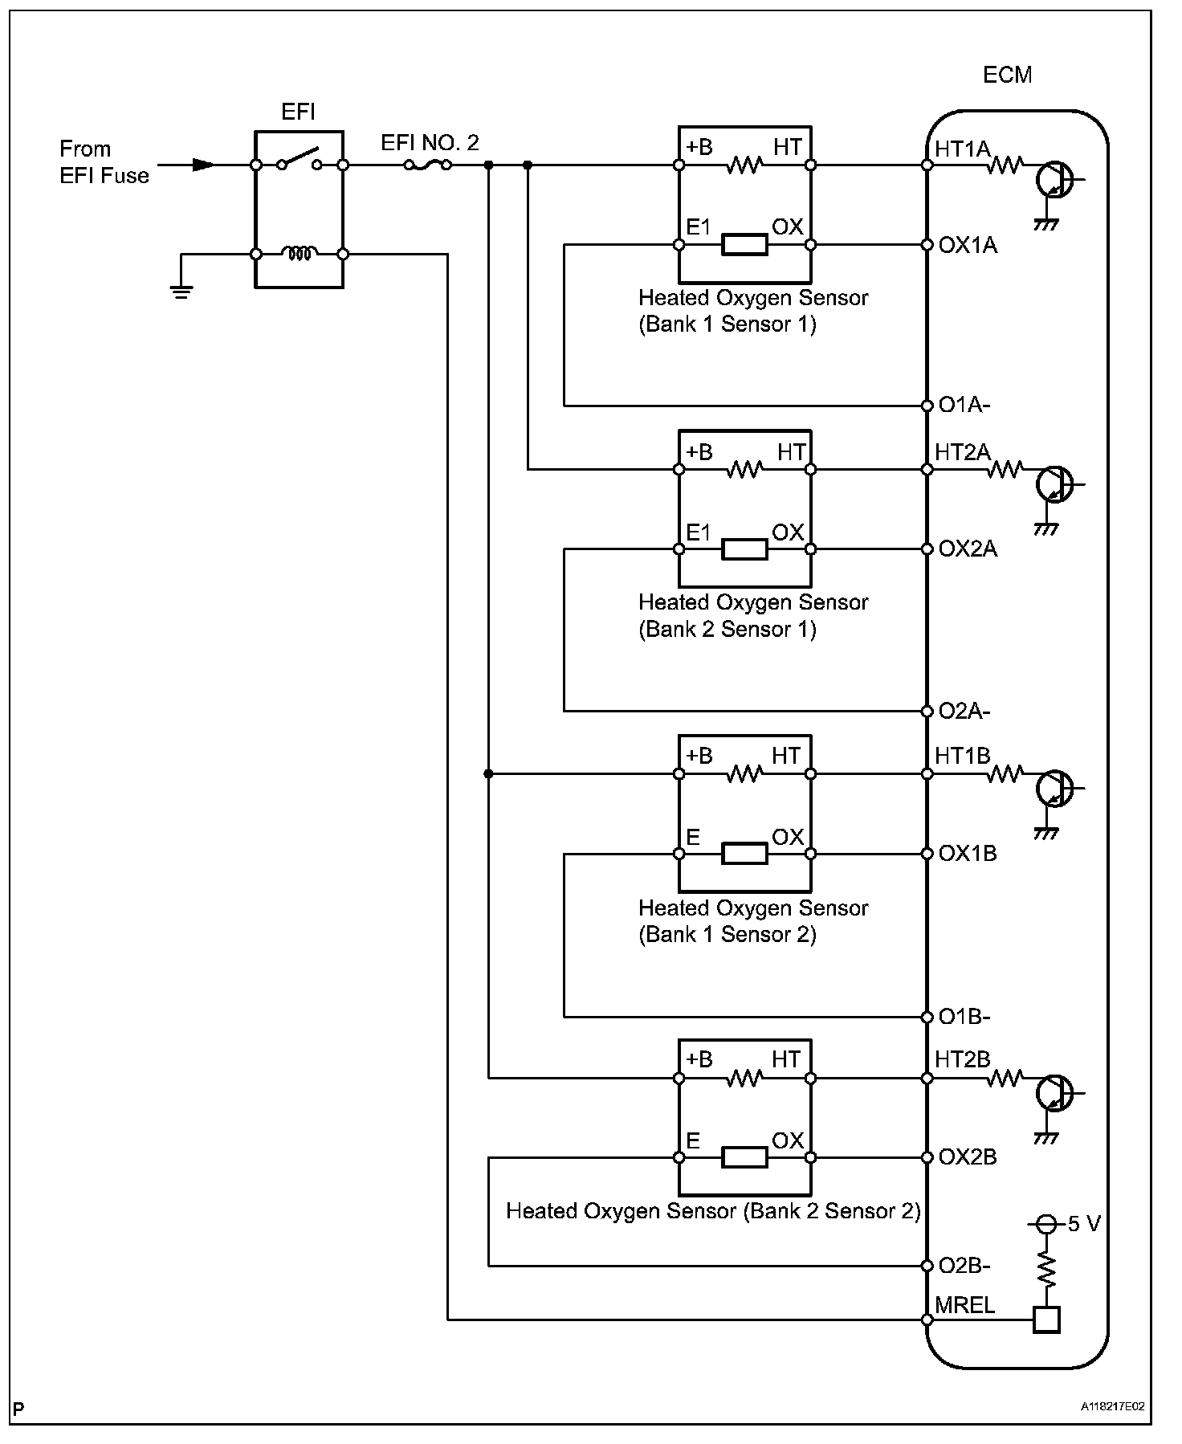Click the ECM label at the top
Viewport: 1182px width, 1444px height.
coord(1007,75)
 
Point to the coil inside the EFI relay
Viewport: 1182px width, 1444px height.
coord(299,254)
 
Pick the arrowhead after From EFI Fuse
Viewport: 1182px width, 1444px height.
coord(203,165)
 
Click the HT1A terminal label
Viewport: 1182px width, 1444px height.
coord(962,149)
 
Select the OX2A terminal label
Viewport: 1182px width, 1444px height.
coord(968,549)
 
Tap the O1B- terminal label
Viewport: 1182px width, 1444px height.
coord(964,1017)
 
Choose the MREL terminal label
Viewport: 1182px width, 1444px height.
coord(964,1306)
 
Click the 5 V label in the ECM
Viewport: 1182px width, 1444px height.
coord(1084,1224)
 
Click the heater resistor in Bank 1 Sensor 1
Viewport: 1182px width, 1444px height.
coord(744,166)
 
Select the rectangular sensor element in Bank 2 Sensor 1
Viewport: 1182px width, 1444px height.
coord(744,549)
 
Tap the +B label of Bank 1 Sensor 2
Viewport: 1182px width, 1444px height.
coord(699,756)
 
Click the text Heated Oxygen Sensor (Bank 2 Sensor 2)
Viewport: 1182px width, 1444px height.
coord(713,1210)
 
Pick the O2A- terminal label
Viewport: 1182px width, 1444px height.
coord(964,712)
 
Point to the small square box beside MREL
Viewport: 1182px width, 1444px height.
coord(1045,1320)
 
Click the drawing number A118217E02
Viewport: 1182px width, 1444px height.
coord(1112,1407)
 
